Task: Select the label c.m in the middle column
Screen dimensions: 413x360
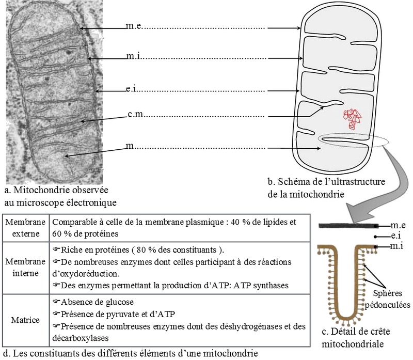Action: [135, 114]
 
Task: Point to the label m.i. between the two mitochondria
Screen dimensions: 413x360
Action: [133, 56]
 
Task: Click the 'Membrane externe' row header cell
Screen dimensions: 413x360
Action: [26, 228]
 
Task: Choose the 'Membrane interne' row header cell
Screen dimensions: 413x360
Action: [26, 268]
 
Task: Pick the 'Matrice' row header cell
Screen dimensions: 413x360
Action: [26, 320]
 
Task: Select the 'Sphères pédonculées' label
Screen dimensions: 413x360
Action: [388, 299]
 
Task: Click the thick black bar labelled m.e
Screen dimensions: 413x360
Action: [348, 226]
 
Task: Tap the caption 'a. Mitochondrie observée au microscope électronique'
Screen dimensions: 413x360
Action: [60, 196]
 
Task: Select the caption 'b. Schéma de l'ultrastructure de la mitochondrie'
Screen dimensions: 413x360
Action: [326, 188]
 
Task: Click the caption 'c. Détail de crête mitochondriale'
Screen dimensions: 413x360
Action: [356, 338]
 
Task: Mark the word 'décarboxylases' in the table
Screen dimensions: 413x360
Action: [81, 338]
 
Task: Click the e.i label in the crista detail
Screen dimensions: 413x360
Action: [396, 236]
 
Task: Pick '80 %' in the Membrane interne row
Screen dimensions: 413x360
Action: [145, 249]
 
